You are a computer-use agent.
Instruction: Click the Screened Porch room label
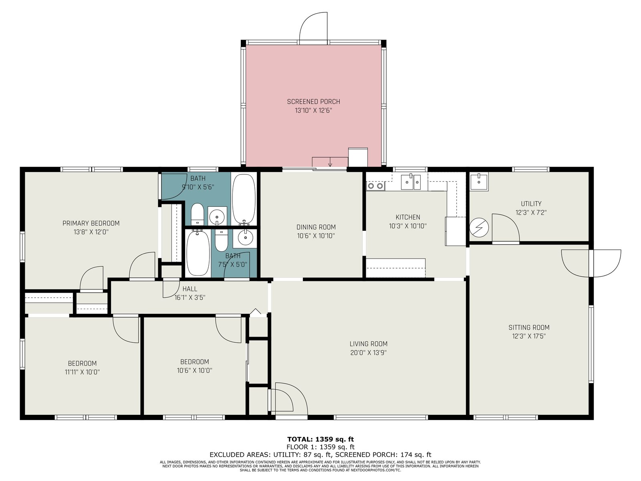click(313, 102)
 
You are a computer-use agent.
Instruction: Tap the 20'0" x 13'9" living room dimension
click(368, 352)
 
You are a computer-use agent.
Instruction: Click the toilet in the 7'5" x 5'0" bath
click(221, 240)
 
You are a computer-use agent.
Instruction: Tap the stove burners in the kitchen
click(375, 186)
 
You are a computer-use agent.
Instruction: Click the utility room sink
click(479, 182)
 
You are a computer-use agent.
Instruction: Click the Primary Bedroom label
click(91, 223)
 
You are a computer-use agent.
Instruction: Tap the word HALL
click(190, 289)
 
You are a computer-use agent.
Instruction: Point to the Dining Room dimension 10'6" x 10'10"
click(316, 236)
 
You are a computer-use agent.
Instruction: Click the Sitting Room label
click(529, 327)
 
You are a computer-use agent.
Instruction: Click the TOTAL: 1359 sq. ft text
click(320, 439)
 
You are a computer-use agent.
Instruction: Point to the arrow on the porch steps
click(330, 162)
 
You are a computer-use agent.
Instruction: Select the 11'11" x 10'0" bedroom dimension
click(82, 372)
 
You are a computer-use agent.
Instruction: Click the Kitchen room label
click(408, 217)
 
